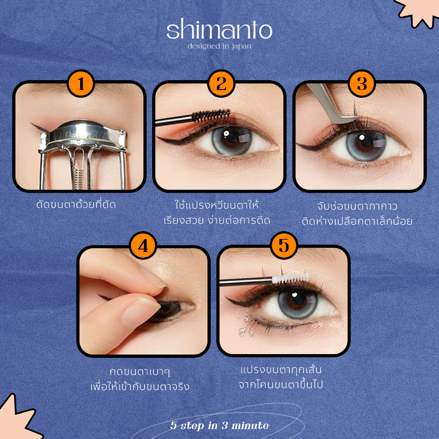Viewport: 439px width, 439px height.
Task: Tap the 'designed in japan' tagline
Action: point(219,46)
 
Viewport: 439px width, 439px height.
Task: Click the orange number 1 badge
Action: point(81,84)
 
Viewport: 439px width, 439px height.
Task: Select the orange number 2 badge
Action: point(221,84)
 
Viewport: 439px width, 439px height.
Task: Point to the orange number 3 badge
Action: point(362,84)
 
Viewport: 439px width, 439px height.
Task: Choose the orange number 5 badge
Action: point(284,245)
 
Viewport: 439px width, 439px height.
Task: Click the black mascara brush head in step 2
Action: point(211,116)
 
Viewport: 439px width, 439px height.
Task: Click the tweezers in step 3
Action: point(331,104)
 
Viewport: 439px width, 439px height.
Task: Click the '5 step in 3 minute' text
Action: point(219,425)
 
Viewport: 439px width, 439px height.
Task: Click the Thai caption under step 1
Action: point(76,204)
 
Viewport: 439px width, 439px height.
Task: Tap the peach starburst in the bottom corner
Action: point(17,418)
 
